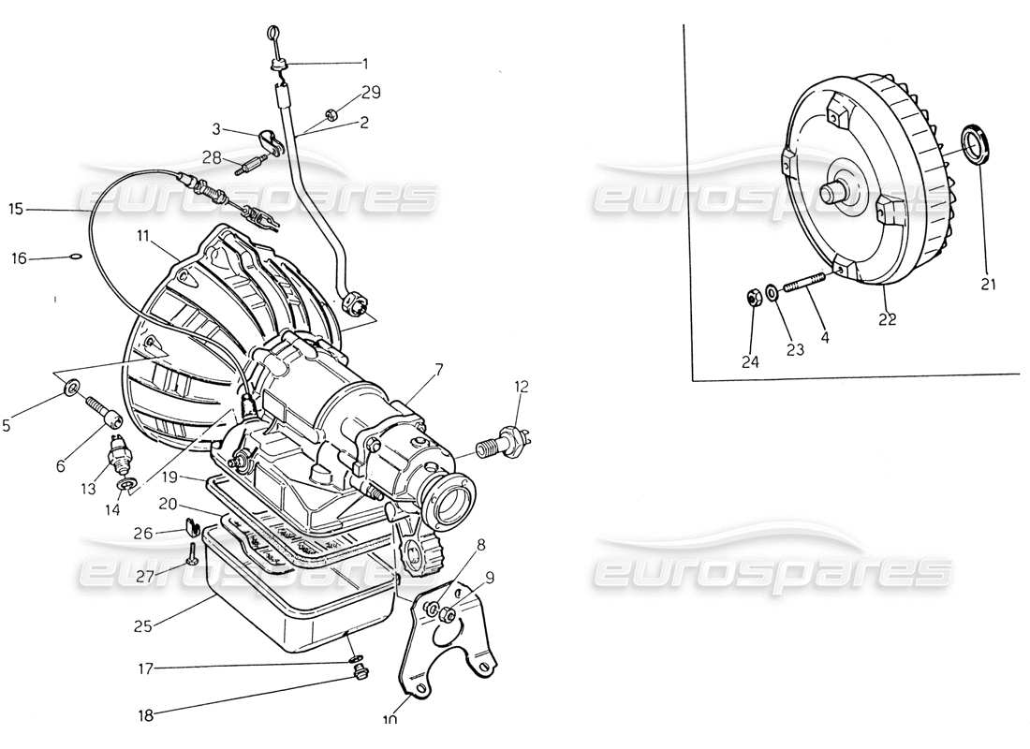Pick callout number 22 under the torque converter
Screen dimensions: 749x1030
coord(887,318)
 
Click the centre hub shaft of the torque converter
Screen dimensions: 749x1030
coord(831,191)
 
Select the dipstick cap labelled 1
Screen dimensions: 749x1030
coord(278,64)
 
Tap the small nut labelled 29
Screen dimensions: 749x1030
coord(331,115)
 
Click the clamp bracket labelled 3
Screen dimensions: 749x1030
coord(272,142)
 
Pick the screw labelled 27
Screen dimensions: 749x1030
coord(192,553)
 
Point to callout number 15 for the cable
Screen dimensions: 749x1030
coord(14,209)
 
